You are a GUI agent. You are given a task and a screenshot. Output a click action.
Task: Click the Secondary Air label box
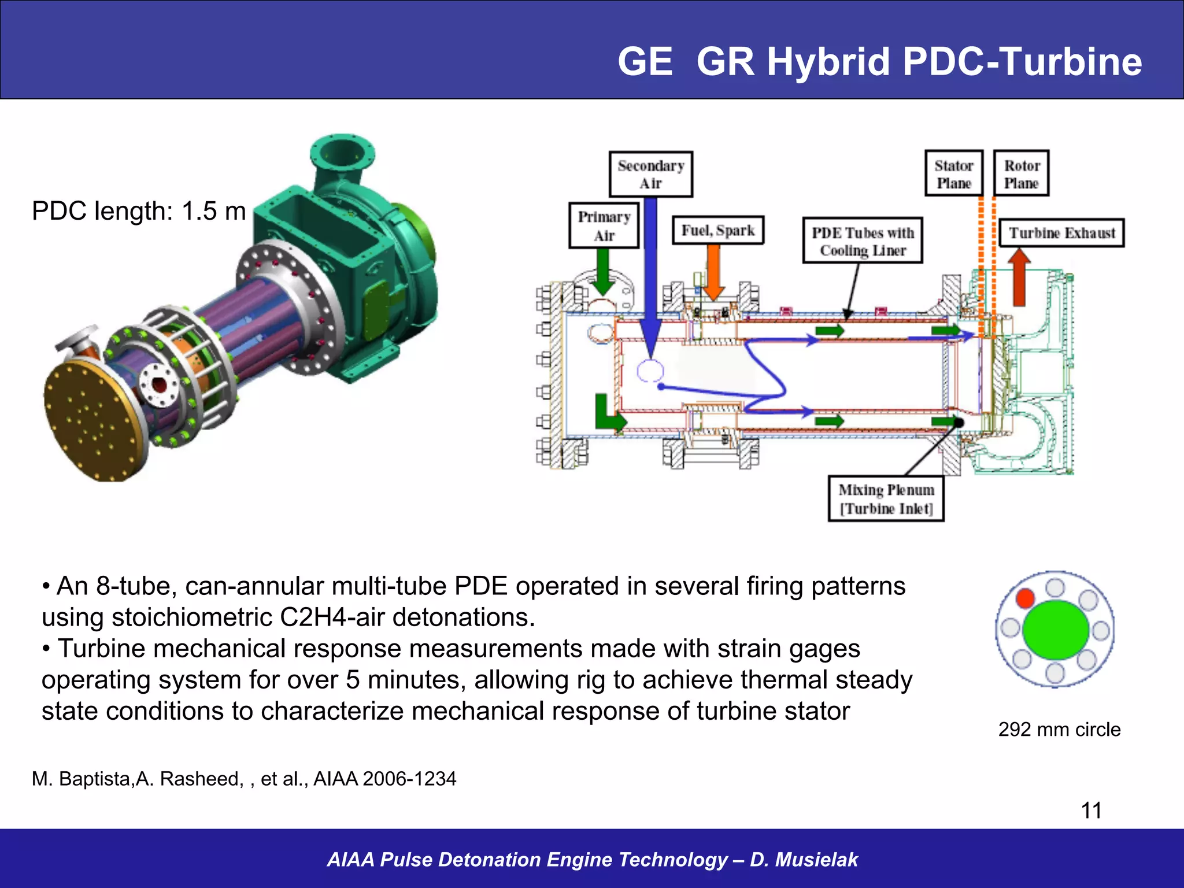click(x=650, y=174)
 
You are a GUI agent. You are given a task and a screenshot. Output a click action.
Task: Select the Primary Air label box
click(x=604, y=225)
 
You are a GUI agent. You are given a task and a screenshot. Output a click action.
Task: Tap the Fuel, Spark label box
click(x=717, y=230)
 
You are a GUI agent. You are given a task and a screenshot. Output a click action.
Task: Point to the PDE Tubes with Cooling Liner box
click(x=862, y=241)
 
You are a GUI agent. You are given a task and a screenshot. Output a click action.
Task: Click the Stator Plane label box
click(x=953, y=173)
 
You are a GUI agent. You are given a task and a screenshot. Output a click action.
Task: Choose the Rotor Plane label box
click(x=1021, y=173)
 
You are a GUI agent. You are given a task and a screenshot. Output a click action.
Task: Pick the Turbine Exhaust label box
click(x=1061, y=233)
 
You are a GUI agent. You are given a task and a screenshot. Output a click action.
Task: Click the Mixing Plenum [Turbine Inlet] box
click(x=886, y=498)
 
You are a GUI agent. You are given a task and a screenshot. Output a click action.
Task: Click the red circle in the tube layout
click(x=1025, y=598)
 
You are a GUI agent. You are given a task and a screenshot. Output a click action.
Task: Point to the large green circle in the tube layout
click(x=1056, y=630)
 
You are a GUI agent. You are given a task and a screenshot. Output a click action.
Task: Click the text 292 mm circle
click(x=1059, y=730)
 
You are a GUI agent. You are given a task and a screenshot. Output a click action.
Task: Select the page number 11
click(x=1091, y=811)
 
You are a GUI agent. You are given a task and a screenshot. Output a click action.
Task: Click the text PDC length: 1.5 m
click(x=139, y=211)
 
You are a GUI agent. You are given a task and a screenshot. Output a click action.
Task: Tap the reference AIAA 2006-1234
click(x=384, y=779)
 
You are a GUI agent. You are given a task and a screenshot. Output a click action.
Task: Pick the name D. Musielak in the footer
click(x=804, y=860)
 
